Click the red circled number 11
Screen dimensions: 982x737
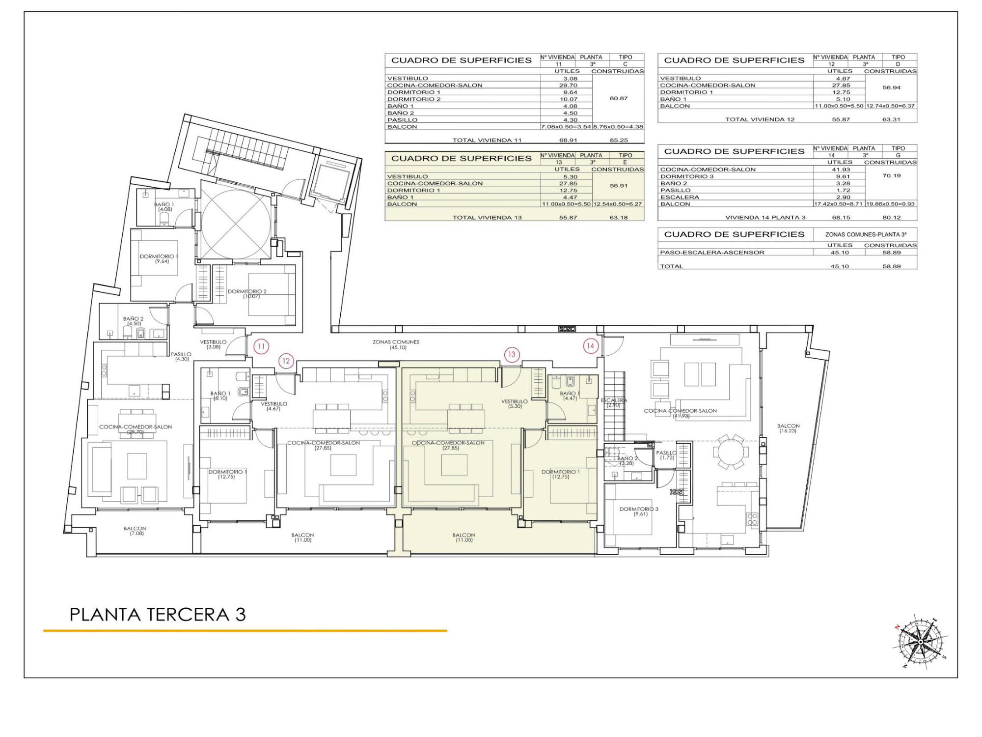261,346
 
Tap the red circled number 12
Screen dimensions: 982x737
286,361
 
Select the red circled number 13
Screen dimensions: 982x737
512,354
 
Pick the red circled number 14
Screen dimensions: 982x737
590,346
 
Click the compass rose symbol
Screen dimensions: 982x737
921,642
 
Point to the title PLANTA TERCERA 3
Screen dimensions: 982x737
158,615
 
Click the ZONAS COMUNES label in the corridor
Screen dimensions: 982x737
396,342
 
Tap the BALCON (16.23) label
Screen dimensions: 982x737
788,428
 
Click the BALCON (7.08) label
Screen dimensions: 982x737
135,531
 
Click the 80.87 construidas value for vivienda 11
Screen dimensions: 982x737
619,98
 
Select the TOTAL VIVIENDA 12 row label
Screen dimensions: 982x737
760,119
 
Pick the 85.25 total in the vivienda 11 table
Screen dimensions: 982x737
619,140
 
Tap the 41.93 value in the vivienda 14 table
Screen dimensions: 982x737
841,170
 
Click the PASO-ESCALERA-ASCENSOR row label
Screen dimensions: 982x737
712,253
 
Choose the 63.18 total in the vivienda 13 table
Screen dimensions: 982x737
619,218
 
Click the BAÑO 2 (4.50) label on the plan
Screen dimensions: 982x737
134,321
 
